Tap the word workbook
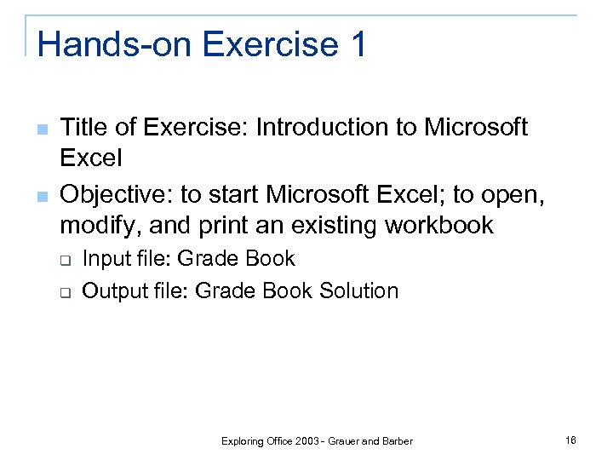tap(439, 226)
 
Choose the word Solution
tap(358, 291)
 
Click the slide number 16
tap(570, 440)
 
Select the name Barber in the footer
tap(397, 441)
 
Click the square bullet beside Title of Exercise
tap(42, 129)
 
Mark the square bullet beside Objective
tap(42, 197)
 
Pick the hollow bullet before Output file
tap(64, 292)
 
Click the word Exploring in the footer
tap(242, 441)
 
